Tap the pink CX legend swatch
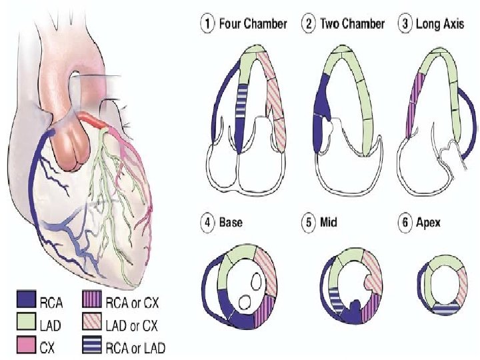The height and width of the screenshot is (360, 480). (26, 347)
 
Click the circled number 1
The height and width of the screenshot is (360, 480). (207, 24)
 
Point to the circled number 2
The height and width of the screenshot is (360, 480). (308, 24)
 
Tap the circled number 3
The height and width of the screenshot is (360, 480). (405, 24)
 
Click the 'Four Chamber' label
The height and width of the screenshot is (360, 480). (253, 24)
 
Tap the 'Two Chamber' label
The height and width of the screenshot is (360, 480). (352, 24)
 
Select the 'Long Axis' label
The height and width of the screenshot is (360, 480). (443, 24)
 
